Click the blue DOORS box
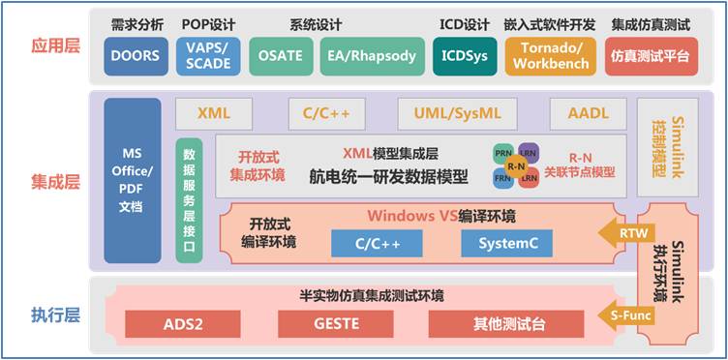tap(135, 56)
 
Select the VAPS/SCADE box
tap(207, 56)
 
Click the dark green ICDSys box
tap(463, 56)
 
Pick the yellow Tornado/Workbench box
tap(550, 56)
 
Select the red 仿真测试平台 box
tap(651, 56)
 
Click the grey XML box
tap(213, 113)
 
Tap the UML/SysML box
tap(458, 113)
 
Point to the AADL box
tap(589, 113)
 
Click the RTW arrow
tap(617, 232)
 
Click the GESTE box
tap(336, 323)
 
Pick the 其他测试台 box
tap(505, 323)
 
